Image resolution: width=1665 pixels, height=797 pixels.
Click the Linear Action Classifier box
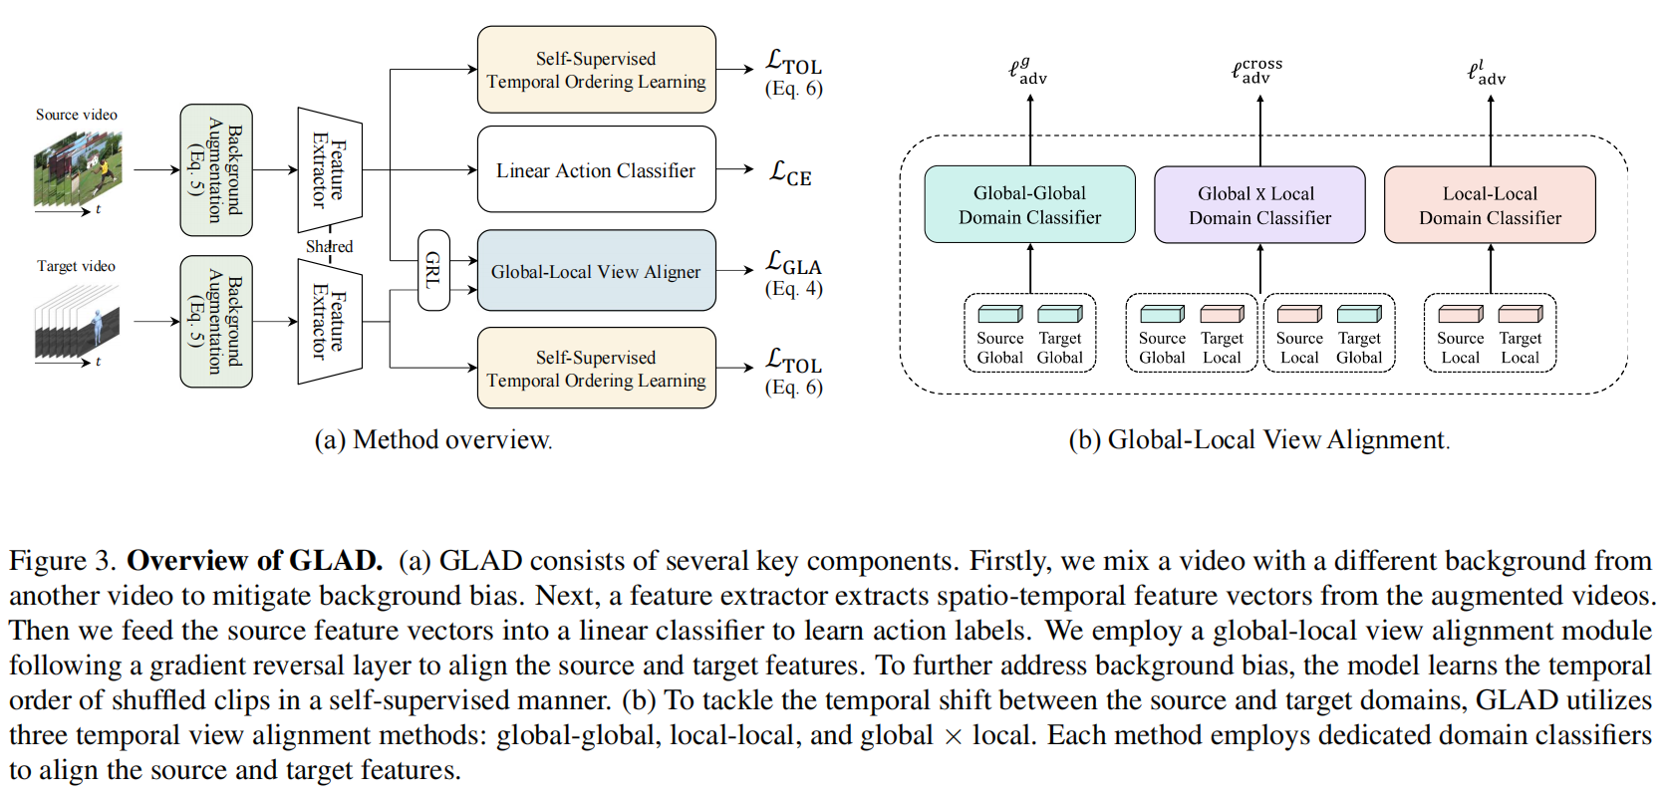596,169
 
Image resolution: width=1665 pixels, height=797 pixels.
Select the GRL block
433,270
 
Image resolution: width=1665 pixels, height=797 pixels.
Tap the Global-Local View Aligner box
596,271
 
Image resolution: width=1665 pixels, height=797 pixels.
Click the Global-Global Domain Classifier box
1029,204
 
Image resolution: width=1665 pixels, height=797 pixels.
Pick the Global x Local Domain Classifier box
1259,204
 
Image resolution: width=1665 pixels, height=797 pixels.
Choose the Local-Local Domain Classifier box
1490,204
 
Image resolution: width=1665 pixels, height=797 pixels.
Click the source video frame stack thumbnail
78,169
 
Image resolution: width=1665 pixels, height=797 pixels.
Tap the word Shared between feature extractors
329,246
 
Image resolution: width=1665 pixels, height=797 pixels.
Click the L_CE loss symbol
790,172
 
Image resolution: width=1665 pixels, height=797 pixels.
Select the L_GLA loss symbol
794,262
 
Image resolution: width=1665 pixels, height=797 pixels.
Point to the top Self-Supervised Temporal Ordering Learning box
596,69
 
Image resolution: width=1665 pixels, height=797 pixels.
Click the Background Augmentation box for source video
216,170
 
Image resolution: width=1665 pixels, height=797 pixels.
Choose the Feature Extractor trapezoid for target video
330,321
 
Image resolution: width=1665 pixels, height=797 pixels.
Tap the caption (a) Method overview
433,440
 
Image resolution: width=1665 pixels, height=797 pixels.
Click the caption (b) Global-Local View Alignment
1259,440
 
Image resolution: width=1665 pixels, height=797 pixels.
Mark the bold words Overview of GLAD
255,560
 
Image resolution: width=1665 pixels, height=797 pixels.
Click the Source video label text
77,115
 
